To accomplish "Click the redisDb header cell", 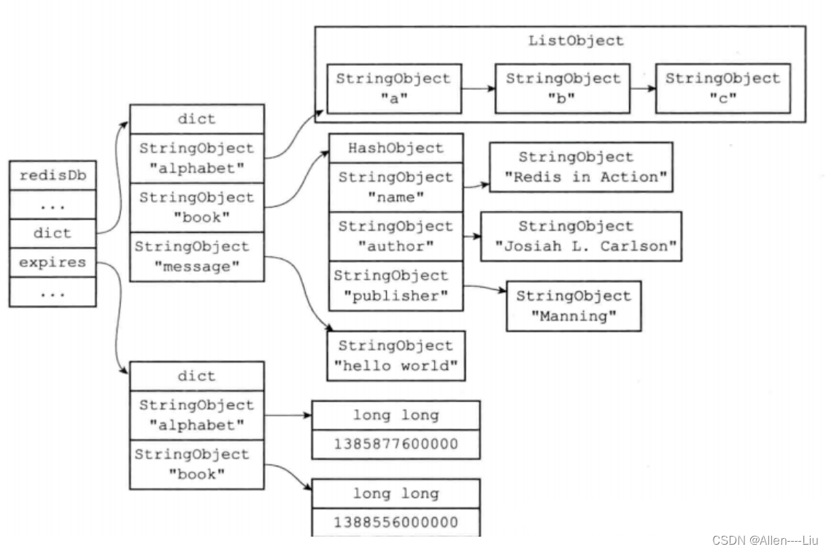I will [52, 176].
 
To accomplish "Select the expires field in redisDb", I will [52, 263].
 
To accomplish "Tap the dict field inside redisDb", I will [52, 234].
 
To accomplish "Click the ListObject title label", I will [576, 41].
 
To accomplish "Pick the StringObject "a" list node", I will [393, 88].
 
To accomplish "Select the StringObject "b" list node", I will [563, 88].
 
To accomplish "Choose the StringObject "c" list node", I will [722, 88].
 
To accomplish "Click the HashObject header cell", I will [396, 148].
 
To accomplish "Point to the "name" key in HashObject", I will [396, 186].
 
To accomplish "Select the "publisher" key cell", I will [396, 285].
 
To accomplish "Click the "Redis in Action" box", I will [580, 167].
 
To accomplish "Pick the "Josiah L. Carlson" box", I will [581, 236].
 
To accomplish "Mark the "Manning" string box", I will [573, 306].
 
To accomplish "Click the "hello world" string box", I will [396, 356].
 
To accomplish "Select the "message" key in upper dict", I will [196, 256].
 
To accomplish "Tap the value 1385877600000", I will [396, 444].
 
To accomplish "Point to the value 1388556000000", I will [396, 522].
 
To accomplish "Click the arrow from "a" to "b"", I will [477, 90].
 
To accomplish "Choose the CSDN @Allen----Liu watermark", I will [766, 540].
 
